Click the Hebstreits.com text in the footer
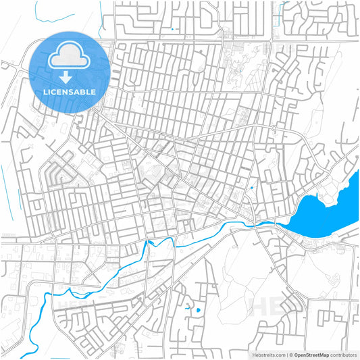coord(265,355)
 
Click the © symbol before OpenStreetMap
coord(289,355)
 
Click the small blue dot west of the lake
coord(251,188)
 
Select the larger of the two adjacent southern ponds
coord(197,310)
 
